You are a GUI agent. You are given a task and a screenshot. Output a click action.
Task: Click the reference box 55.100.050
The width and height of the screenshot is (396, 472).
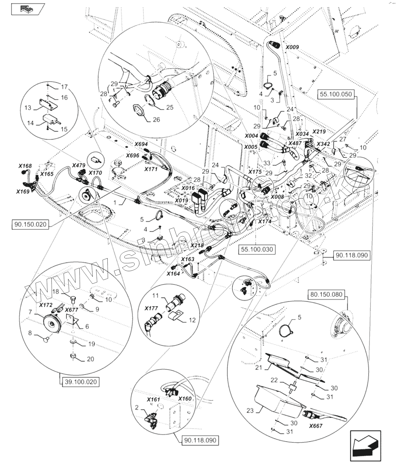tap(336, 94)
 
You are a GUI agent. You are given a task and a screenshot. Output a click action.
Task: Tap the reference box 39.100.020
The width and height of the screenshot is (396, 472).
tap(81, 382)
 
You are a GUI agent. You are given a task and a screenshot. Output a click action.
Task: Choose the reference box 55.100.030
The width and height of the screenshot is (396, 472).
tap(257, 249)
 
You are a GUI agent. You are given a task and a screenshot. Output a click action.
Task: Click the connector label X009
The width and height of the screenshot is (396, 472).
tap(292, 47)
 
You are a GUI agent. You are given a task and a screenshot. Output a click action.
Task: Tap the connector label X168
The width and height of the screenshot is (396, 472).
tap(25, 166)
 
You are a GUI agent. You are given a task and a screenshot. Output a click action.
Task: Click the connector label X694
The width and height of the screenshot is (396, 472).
tap(141, 144)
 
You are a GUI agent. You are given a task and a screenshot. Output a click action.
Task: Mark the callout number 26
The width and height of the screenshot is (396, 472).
tap(156, 120)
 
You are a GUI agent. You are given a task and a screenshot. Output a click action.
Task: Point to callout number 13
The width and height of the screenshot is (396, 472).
tap(28, 108)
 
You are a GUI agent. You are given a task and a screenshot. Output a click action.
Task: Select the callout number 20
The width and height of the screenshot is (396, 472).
tap(90, 359)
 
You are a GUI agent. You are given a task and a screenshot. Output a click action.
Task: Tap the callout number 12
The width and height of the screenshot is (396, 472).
tap(192, 320)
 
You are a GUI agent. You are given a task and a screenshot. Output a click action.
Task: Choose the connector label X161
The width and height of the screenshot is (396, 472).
tap(153, 400)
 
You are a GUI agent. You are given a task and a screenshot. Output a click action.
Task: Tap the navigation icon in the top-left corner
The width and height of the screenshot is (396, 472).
tap(28, 9)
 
